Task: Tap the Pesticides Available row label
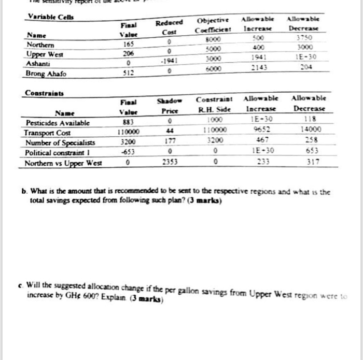coord(58,123)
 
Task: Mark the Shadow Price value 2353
coord(166,162)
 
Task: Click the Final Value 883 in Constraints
coord(126,123)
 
